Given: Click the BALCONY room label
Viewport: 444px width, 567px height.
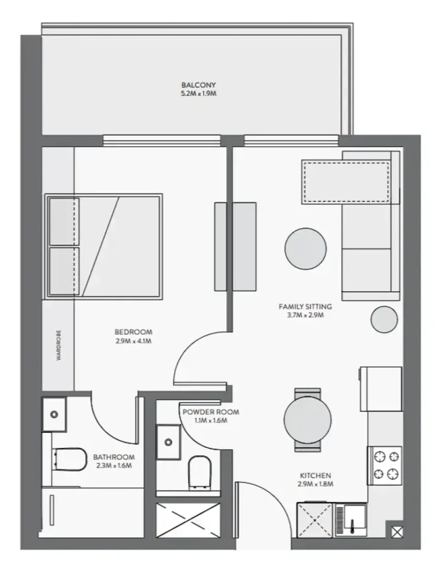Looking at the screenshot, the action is [x=199, y=85].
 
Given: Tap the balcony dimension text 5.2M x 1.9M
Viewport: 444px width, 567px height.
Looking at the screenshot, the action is [x=199, y=94].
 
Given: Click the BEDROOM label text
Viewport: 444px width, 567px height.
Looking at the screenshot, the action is [x=133, y=332].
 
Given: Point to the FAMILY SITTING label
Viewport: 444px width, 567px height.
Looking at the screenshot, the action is [x=305, y=307].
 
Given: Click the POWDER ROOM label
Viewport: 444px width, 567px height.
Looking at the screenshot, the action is [x=211, y=412].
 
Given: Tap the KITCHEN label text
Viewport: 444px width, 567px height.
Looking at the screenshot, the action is [x=315, y=476].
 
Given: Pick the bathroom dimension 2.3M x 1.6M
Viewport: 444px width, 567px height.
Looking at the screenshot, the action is [x=114, y=466].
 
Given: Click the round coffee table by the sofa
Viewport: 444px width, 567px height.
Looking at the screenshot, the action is [x=306, y=249].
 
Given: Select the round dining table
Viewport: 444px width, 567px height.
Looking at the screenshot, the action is [x=307, y=420].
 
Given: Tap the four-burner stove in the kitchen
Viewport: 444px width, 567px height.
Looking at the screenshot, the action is [x=385, y=465].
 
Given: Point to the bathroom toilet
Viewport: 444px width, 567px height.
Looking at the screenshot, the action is [x=70, y=459].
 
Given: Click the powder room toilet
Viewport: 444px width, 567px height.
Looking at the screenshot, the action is [x=200, y=472].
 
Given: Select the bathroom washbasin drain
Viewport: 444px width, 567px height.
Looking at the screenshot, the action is [x=54, y=414].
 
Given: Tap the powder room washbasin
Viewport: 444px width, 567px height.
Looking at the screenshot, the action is [x=168, y=442].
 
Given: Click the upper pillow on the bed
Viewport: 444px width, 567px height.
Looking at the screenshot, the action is [x=64, y=221].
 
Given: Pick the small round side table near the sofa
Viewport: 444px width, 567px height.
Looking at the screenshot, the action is [x=384, y=319].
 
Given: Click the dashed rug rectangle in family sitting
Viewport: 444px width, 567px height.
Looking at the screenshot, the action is [x=347, y=182].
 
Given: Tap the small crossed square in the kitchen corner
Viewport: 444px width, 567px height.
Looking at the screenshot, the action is [x=397, y=532].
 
